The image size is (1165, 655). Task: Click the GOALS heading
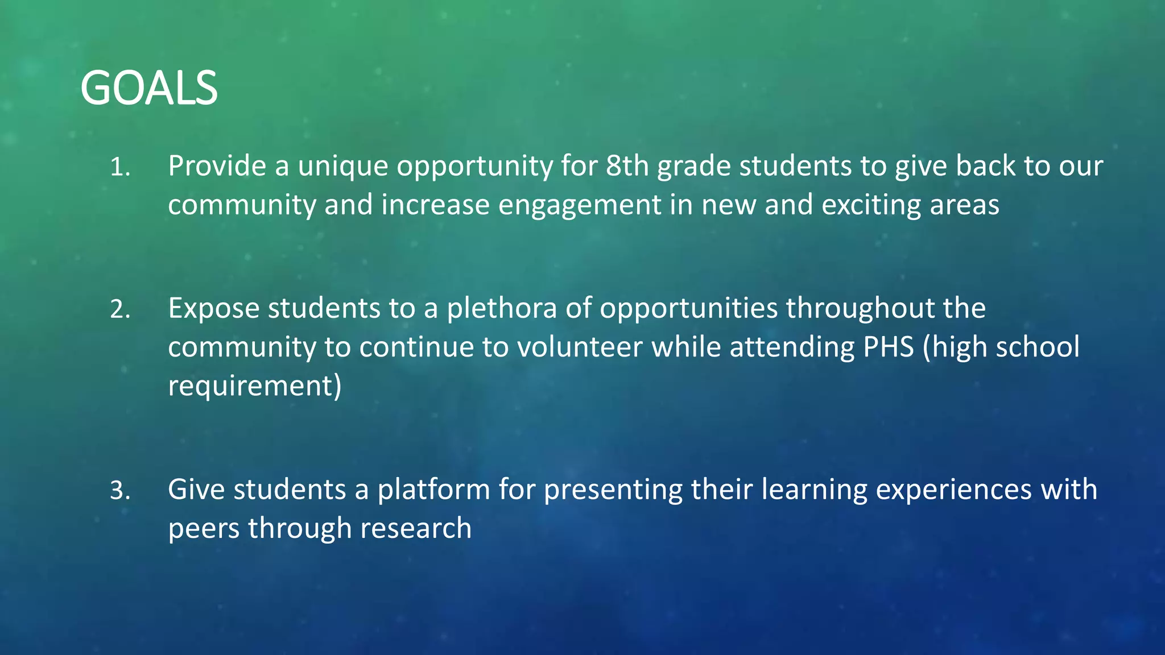tap(149, 88)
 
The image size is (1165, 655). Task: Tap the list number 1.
tap(120, 167)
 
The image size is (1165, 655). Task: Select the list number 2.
tap(120, 309)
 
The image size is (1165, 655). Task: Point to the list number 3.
tap(120, 491)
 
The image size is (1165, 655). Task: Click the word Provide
tap(217, 166)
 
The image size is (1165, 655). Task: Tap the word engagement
tap(579, 205)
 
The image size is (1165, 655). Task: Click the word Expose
tap(213, 308)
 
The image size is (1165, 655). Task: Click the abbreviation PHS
tap(888, 347)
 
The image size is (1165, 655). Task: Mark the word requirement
tap(254, 385)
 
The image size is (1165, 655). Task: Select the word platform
tap(433, 490)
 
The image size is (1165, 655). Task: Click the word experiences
tap(953, 490)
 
